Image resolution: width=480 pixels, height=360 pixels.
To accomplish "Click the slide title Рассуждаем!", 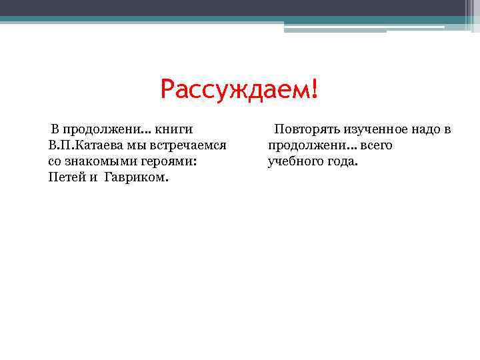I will click(x=239, y=89).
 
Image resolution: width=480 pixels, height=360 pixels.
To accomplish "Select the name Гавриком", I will click(x=137, y=178).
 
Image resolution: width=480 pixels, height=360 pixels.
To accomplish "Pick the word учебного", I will click(x=294, y=161).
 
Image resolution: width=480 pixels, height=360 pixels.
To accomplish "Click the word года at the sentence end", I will click(x=341, y=161).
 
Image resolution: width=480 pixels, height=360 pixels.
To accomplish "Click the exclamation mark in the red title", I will click(x=314, y=89).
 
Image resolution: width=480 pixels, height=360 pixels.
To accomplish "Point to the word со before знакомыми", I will click(x=55, y=161).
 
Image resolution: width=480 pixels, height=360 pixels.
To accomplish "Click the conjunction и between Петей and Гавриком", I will click(x=93, y=178).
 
